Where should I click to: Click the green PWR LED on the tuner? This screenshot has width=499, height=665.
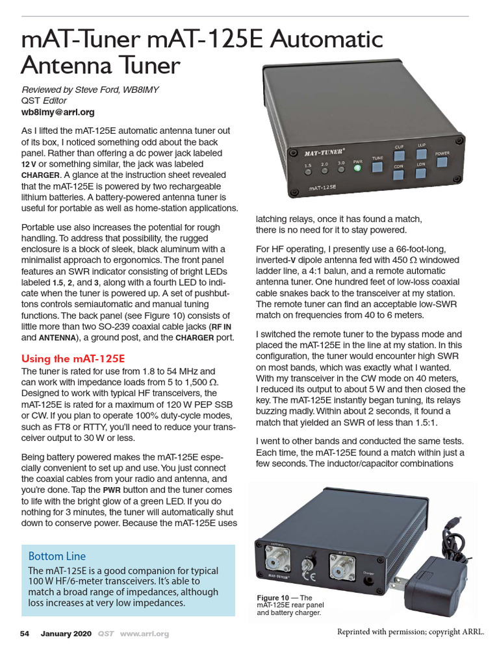pyautogui.click(x=357, y=168)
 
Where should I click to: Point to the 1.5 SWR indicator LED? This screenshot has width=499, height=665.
pyautogui.click(x=308, y=171)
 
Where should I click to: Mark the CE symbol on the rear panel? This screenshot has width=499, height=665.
pyautogui.click(x=311, y=575)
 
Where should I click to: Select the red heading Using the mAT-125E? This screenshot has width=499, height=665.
pyautogui.click(x=73, y=358)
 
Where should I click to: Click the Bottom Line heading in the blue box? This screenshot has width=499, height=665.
pyautogui.click(x=57, y=556)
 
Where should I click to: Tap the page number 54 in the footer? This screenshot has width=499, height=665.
pyautogui.click(x=25, y=633)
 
